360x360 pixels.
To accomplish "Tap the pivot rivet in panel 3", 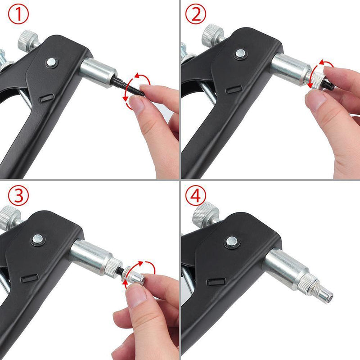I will [x=37, y=238].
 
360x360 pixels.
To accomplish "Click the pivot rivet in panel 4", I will [x=232, y=242].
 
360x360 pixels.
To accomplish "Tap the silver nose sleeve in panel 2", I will [x=290, y=68].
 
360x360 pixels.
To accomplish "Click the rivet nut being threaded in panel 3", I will [x=135, y=275].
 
